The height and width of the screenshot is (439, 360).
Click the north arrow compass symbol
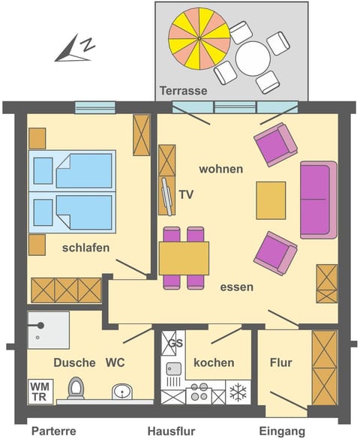[x=75, y=50]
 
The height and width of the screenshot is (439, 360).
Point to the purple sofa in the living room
[x=318, y=200]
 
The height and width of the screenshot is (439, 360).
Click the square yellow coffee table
[x=271, y=200]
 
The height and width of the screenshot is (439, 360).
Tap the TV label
[x=187, y=194]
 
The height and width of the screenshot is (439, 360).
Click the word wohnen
[x=220, y=169]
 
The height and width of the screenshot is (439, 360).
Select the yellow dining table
[x=184, y=257]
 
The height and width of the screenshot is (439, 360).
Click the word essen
[x=236, y=286]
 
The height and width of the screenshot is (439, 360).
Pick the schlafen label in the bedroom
[x=86, y=248]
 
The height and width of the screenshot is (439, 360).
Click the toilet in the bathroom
[x=76, y=389]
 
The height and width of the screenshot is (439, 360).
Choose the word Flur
[x=280, y=363]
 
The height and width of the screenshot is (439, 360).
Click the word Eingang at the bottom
[x=283, y=431]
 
